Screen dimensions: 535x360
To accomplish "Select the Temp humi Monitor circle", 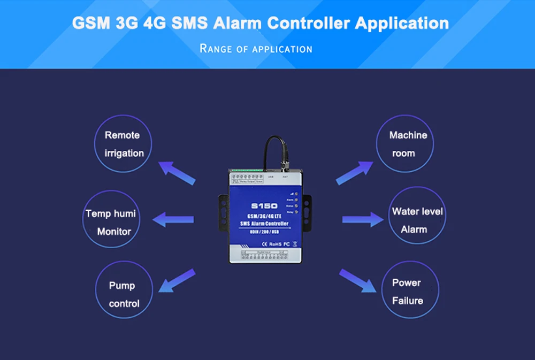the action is tap(110, 222).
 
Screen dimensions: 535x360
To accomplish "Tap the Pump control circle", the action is tap(124, 294).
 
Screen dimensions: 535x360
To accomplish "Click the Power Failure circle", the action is tap(408, 292).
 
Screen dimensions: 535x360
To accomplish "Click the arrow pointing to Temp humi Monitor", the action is tap(173, 219).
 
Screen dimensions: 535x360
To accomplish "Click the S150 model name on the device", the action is tap(264, 205).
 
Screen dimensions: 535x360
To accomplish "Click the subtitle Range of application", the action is tap(256, 49).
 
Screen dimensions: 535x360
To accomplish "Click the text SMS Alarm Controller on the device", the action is tap(264, 223).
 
